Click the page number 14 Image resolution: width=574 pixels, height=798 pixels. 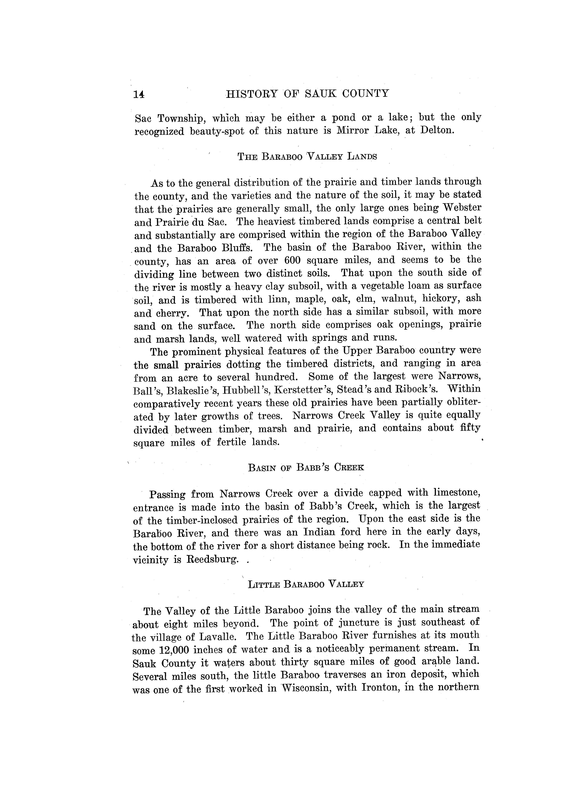pos(139,94)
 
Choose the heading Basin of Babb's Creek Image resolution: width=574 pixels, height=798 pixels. pos(306,468)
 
